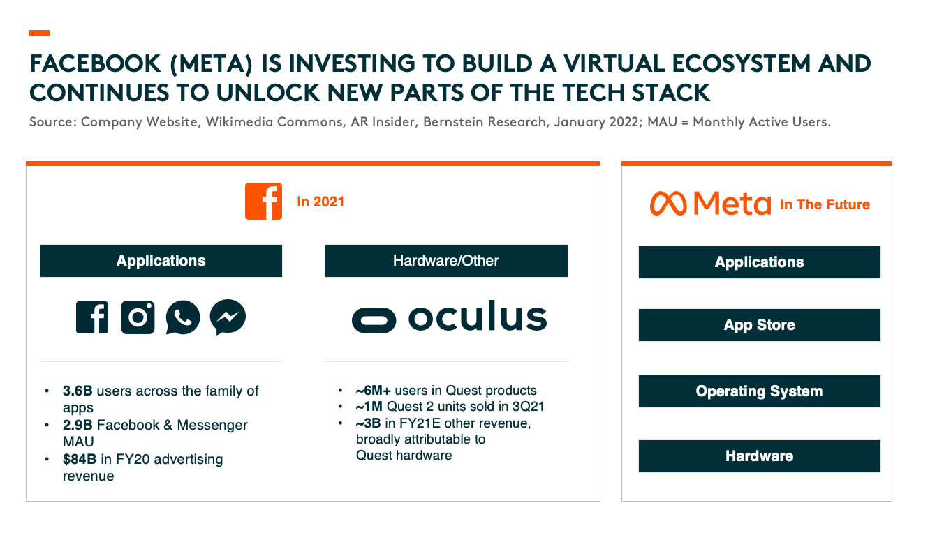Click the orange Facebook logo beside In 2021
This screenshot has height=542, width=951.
click(x=263, y=201)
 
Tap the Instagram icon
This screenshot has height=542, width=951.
click(x=138, y=317)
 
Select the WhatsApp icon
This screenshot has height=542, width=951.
click(x=182, y=317)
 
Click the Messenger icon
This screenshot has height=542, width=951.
click(x=228, y=317)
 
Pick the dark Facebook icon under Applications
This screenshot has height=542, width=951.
click(x=92, y=317)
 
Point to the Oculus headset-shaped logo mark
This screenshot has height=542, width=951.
click(x=374, y=320)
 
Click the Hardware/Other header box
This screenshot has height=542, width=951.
click(x=446, y=261)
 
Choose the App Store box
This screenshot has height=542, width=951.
click(x=760, y=325)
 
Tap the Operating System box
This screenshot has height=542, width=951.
click(x=760, y=391)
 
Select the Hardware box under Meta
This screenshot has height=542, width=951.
click(x=760, y=456)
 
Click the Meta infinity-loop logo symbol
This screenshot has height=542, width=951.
click(x=668, y=204)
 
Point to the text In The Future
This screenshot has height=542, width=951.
click(x=825, y=204)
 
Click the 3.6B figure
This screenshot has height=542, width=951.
click(x=78, y=391)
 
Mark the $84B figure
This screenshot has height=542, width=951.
click(x=80, y=459)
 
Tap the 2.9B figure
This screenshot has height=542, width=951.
click(x=78, y=425)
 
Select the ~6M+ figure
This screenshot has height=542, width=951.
click(x=373, y=390)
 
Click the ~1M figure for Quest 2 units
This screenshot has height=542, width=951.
click(x=369, y=406)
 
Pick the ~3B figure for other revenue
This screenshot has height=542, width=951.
click(x=368, y=423)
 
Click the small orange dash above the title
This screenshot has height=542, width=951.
click(x=40, y=33)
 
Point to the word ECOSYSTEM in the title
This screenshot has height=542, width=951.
click(x=742, y=64)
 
